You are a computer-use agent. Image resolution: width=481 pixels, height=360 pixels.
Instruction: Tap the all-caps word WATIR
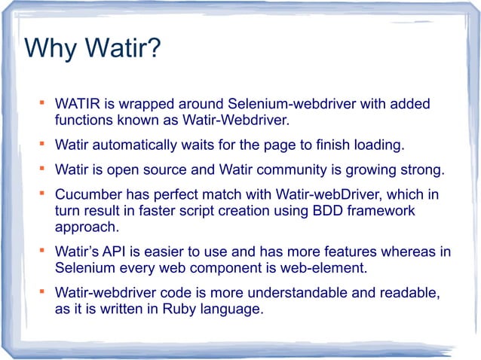78,102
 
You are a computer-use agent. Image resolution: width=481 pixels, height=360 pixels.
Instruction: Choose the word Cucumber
88,194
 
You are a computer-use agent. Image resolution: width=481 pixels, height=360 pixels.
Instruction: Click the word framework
372,211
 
